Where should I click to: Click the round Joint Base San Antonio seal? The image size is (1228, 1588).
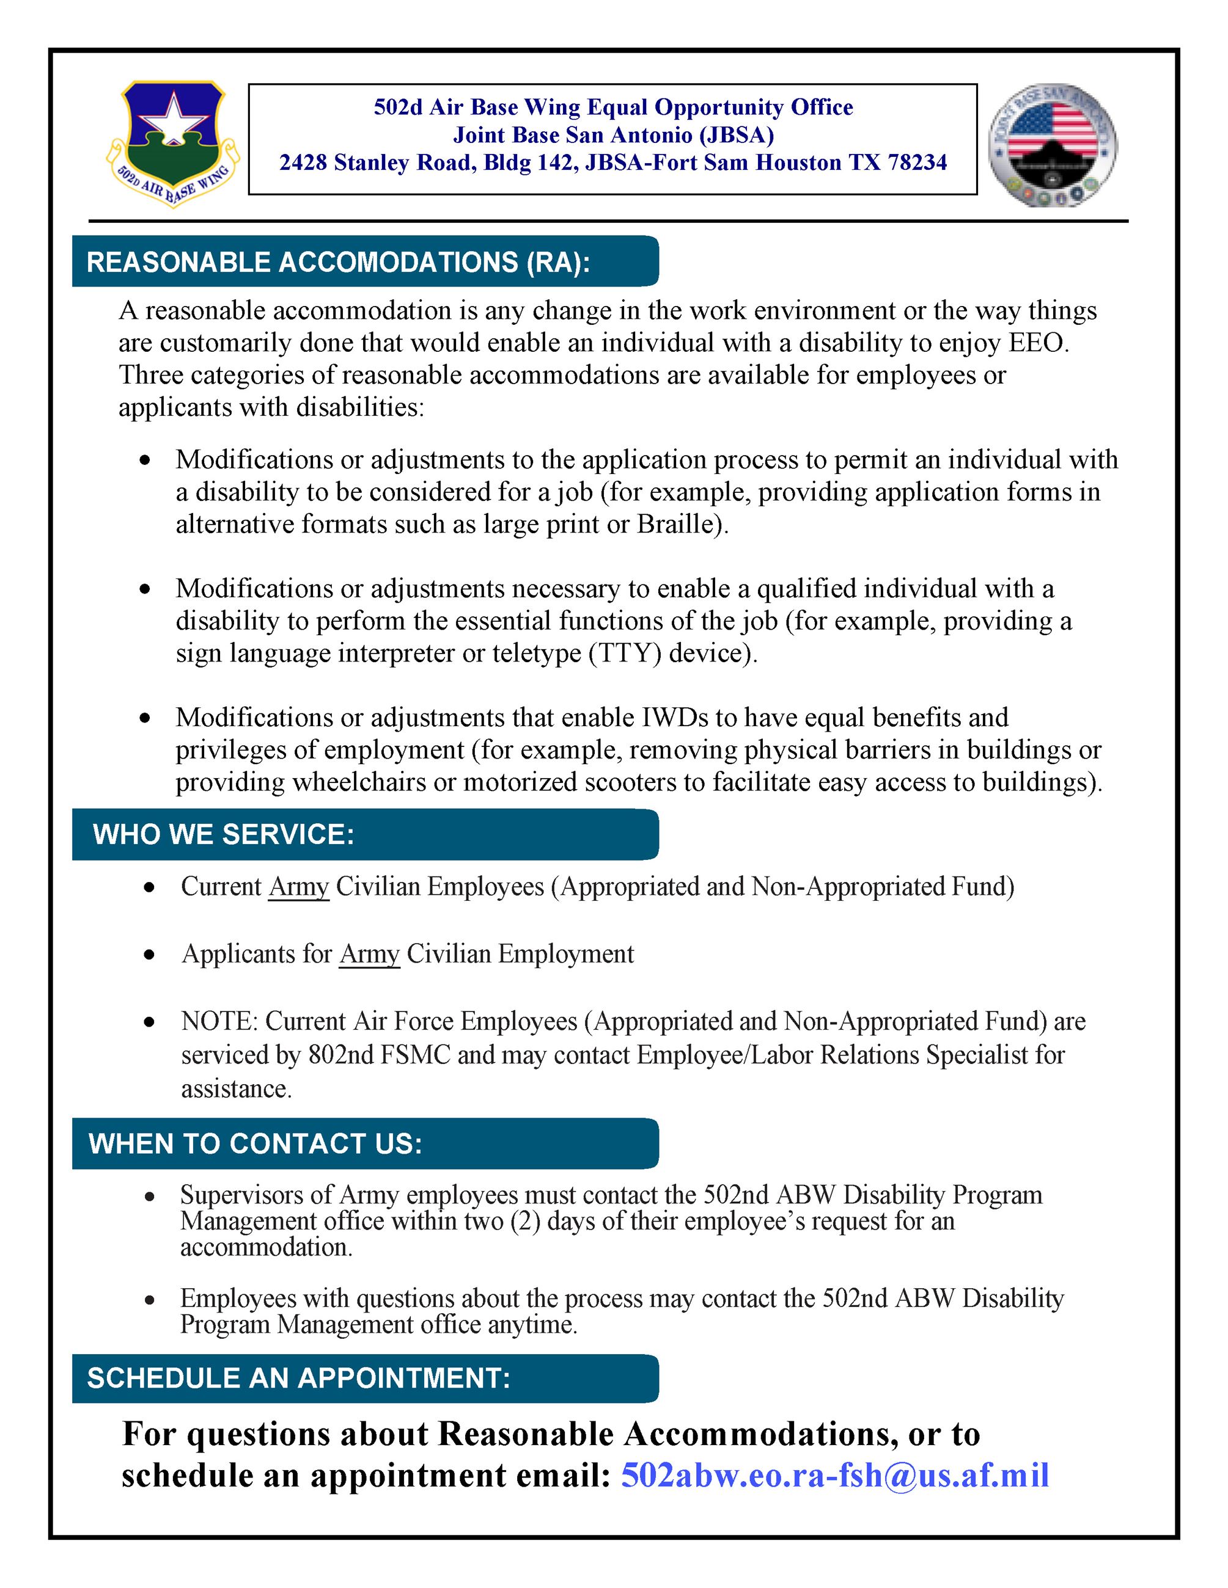click(x=1053, y=144)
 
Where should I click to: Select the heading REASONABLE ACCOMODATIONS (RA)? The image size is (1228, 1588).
click(x=338, y=263)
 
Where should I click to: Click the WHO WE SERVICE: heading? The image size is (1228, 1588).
click(x=223, y=834)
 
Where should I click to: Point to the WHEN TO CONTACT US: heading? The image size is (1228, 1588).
click(x=256, y=1144)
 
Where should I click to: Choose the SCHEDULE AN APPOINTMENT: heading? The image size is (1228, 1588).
click(x=299, y=1378)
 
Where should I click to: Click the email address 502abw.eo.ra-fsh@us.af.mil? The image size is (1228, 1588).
click(x=834, y=1475)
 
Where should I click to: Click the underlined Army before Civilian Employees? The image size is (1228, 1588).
click(x=299, y=886)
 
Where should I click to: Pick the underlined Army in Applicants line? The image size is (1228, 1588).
click(x=370, y=953)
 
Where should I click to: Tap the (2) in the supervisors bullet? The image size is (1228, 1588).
click(x=524, y=1221)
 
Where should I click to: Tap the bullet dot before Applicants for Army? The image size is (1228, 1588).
click(x=149, y=955)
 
